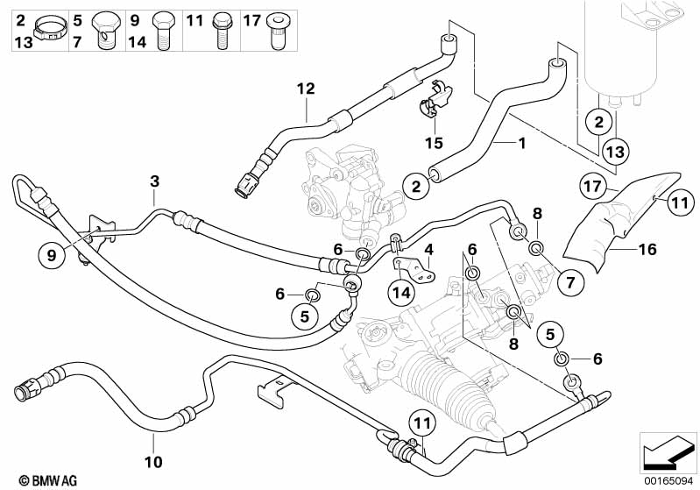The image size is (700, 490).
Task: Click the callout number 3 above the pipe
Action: tap(154, 181)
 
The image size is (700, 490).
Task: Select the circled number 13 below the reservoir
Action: tap(616, 151)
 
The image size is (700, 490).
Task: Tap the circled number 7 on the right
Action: tap(568, 283)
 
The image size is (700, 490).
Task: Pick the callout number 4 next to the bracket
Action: tap(429, 249)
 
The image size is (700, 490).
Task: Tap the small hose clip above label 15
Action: tap(430, 106)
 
